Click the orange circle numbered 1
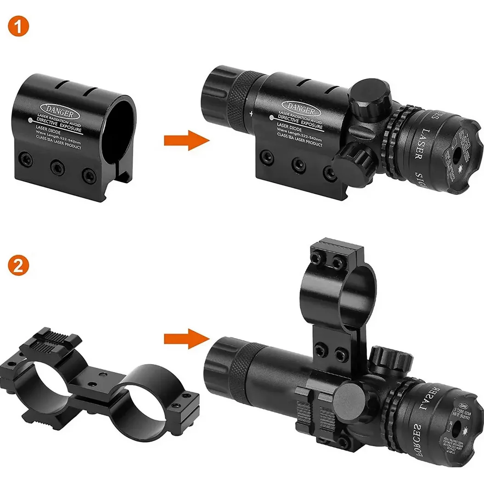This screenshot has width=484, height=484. tap(18, 27)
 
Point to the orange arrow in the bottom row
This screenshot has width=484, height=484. tap(183, 338)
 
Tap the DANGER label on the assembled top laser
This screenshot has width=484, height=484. tap(299, 110)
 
